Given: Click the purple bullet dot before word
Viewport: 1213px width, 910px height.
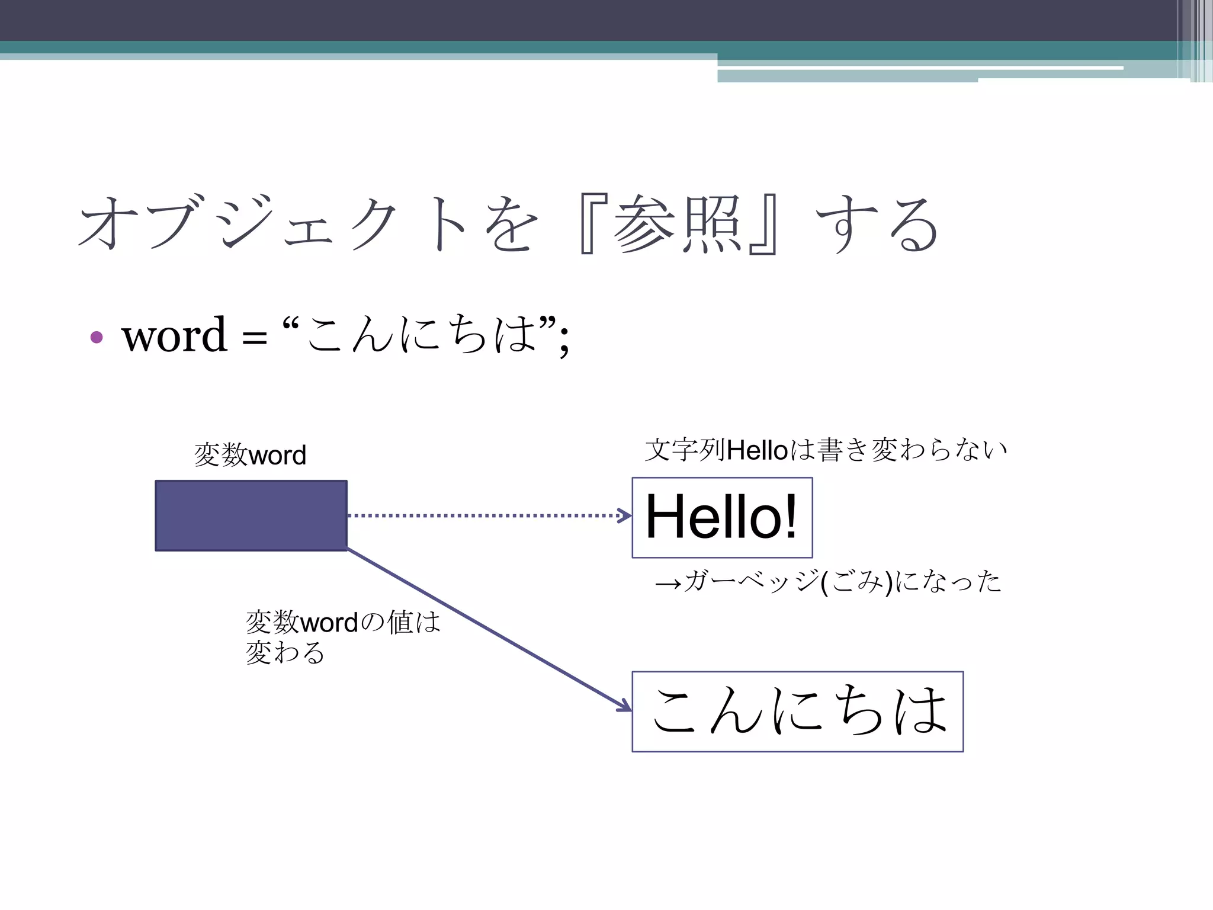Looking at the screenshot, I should pyautogui.click(x=97, y=338).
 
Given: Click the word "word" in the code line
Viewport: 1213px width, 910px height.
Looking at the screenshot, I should pyautogui.click(x=174, y=335).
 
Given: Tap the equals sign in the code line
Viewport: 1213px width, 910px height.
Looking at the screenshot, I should pyautogui.click(x=254, y=339).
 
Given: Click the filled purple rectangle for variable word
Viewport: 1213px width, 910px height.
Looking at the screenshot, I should pyautogui.click(x=251, y=515).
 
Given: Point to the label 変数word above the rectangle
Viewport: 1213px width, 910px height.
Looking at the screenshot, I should pyautogui.click(x=250, y=455).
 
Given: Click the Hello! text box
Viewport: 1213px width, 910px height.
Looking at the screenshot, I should pyautogui.click(x=722, y=517).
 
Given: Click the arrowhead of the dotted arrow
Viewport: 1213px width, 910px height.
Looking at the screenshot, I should pyautogui.click(x=625, y=515).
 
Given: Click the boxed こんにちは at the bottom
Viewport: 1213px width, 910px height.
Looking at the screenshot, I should pyautogui.click(x=797, y=711).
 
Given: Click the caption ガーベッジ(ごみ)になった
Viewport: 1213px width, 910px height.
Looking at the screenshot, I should pyautogui.click(x=841, y=581).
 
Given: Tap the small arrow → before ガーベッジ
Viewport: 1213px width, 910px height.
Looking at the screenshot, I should pyautogui.click(x=668, y=584).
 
